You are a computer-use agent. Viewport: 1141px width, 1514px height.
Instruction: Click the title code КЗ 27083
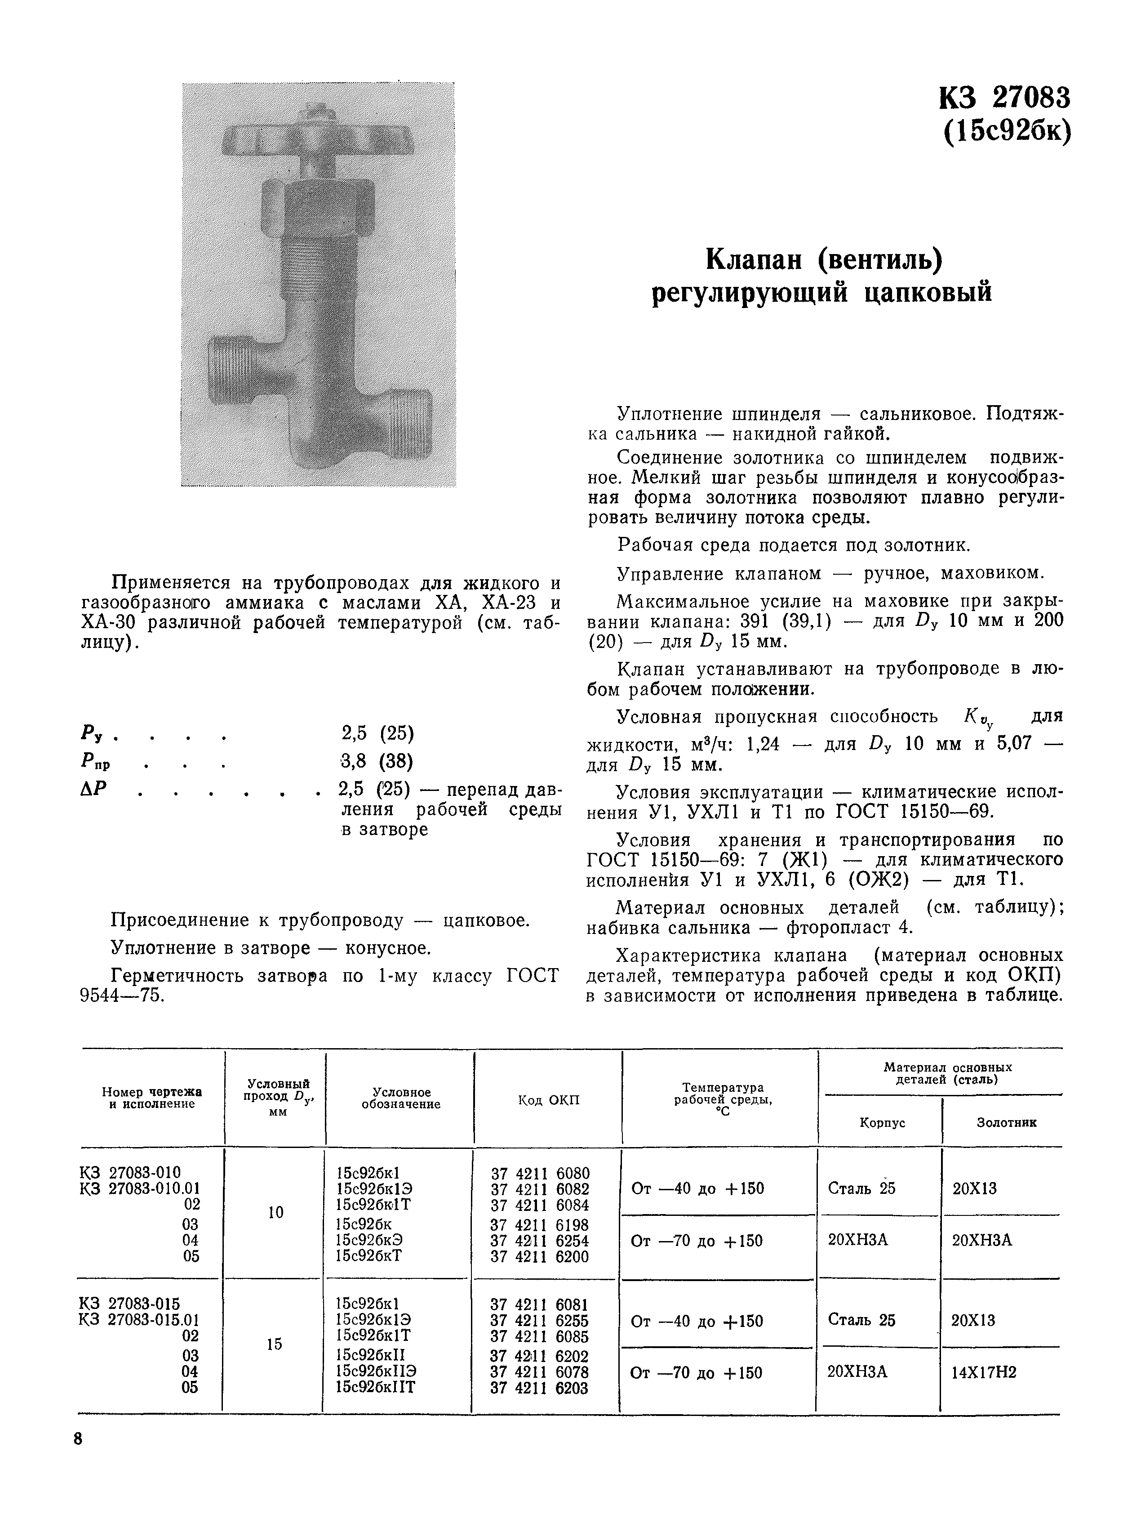coord(1003,98)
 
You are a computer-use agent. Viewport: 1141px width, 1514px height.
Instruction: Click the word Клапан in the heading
coord(752,259)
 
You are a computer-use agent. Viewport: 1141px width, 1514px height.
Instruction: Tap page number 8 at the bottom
coord(78,1439)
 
